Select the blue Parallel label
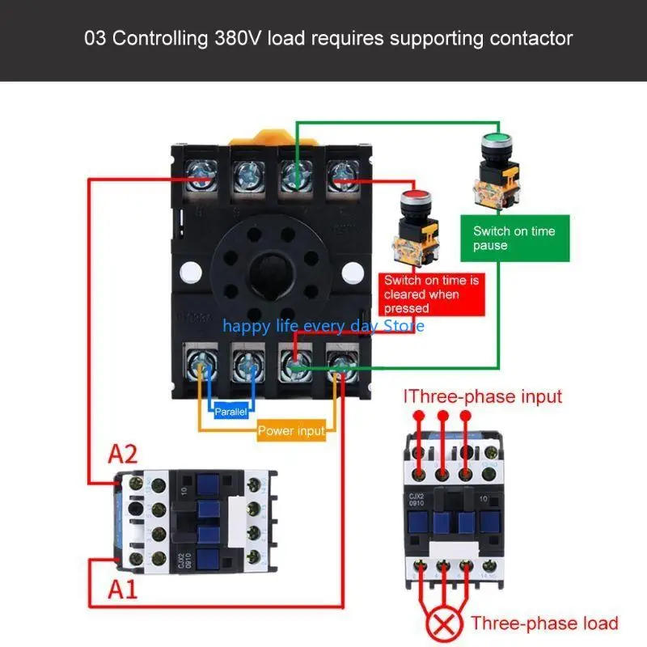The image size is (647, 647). pos(230,412)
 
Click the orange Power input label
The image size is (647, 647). pos(291,431)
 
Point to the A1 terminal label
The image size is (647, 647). pos(124,589)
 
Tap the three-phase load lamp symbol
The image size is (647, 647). pos(442,624)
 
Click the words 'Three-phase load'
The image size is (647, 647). pos(544,623)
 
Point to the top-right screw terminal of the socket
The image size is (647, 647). pos(339,174)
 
